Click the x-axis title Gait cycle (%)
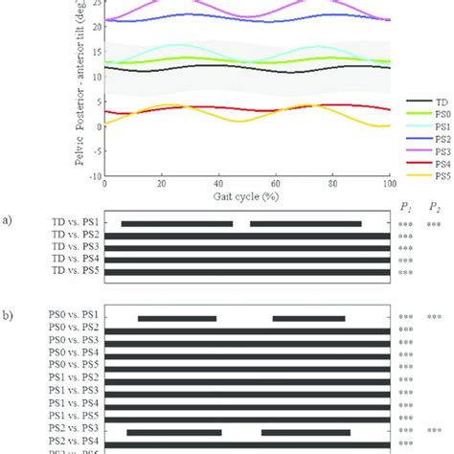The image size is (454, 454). [246, 195]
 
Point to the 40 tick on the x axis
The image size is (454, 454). [218, 184]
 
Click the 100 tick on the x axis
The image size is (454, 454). [389, 184]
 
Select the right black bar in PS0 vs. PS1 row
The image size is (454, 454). [308, 318]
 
